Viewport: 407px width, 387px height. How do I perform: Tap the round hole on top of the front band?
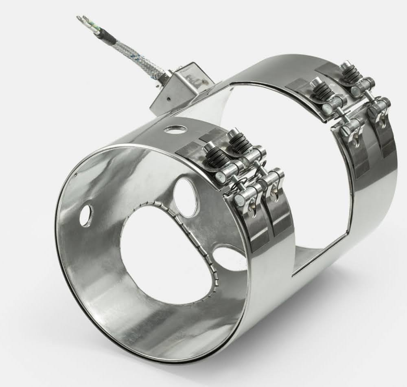click(x=175, y=130)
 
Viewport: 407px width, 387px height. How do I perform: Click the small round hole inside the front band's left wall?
click(x=85, y=215)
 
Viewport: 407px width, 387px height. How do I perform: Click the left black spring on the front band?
click(x=217, y=157)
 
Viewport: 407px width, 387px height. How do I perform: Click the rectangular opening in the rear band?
click(x=293, y=171)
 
